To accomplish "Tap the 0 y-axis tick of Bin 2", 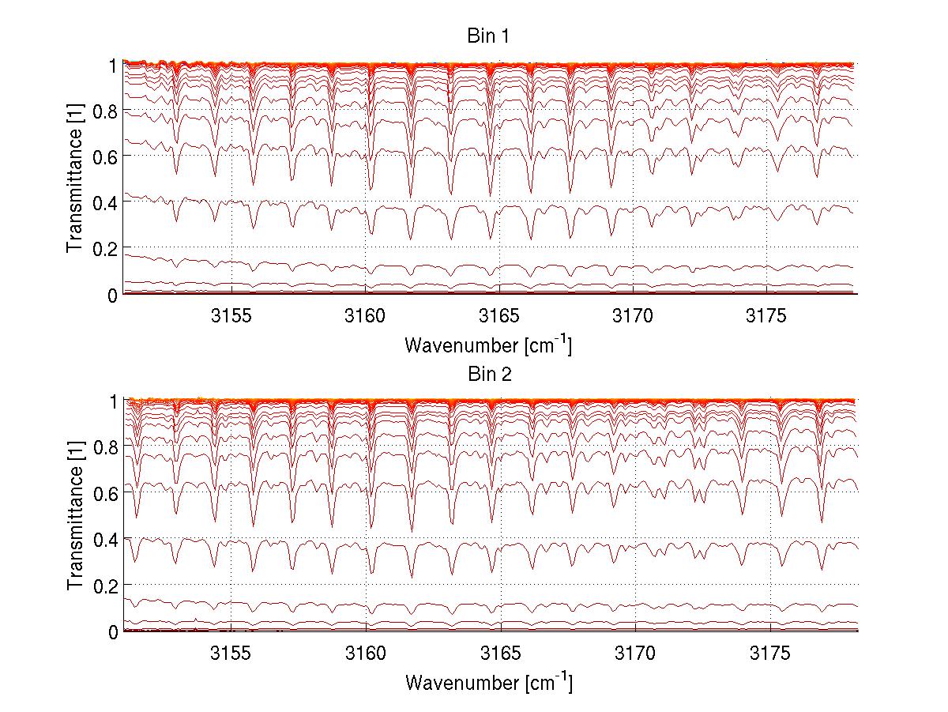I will [x=114, y=632].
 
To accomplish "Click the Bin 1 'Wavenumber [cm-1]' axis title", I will [x=488, y=345].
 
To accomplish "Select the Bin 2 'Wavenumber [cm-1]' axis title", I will [x=488, y=681].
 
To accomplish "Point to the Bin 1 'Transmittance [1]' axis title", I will [x=76, y=179].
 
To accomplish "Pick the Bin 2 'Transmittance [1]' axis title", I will [x=76, y=517].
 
